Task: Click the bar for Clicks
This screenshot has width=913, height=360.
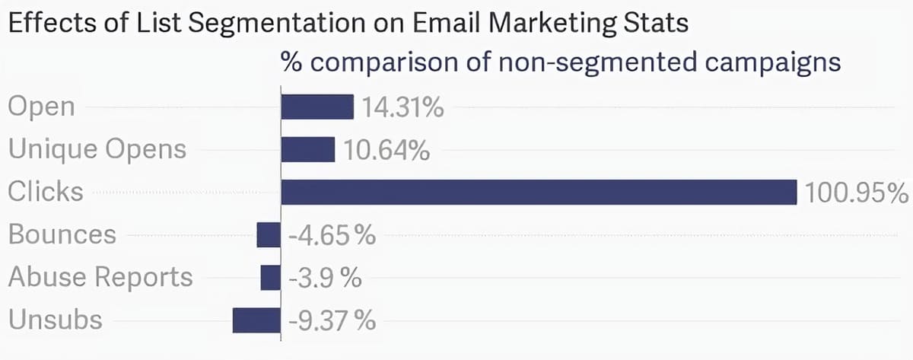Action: (538, 192)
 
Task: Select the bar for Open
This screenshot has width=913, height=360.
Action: (317, 107)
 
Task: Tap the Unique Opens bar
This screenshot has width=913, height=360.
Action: (308, 149)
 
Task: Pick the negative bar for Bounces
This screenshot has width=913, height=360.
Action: (269, 234)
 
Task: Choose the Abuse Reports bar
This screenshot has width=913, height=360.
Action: (270, 277)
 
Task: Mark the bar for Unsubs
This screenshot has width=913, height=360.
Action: (256, 320)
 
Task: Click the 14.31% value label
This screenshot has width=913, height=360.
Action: (402, 107)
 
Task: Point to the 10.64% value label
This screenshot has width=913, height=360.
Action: (386, 150)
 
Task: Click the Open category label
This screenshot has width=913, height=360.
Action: (42, 107)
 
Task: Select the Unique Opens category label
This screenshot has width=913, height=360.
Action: (97, 149)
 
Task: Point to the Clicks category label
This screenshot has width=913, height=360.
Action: (46, 191)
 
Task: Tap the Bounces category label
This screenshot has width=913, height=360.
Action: (62, 234)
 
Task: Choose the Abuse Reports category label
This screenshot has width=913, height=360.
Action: (100, 277)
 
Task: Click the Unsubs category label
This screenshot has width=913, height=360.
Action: (55, 320)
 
